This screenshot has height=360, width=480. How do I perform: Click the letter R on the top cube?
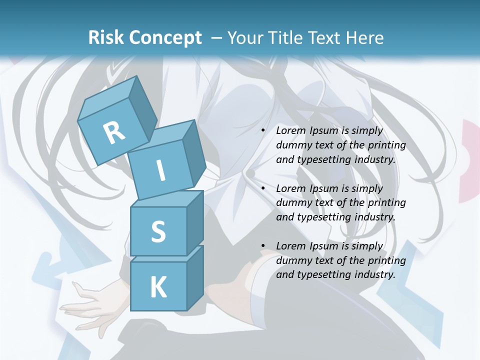114,133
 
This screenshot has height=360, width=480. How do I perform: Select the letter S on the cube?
158,231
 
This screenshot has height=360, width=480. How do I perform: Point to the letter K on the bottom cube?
158,287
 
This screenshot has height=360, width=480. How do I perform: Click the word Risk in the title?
106,37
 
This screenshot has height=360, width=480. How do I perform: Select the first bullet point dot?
263,130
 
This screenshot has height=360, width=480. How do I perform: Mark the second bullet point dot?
263,188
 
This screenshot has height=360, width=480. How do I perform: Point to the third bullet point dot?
263,246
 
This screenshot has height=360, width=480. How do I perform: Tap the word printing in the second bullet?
386,203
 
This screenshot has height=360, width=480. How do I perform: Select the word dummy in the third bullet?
292,260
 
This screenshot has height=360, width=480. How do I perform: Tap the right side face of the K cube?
195,277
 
